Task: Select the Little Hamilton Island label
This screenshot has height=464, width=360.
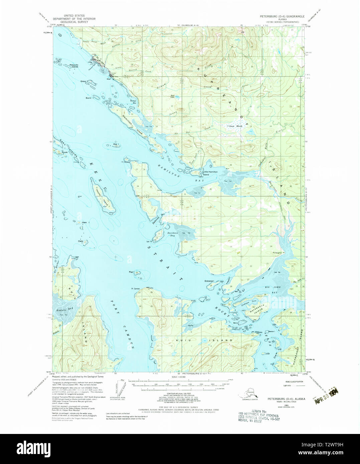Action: [211, 173]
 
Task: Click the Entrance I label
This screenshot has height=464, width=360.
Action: [209, 281]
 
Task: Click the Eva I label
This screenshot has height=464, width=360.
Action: [116, 144]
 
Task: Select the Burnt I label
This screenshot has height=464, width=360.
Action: [89, 98]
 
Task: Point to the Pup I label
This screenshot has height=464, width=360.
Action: [131, 272]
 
